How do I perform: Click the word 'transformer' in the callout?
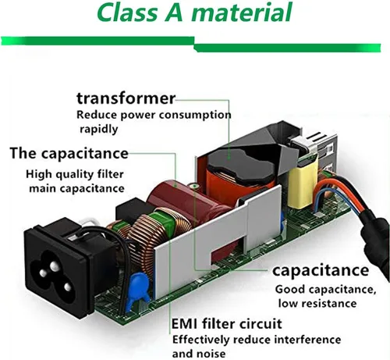tap(126, 98)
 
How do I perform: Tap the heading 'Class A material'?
tap(195, 12)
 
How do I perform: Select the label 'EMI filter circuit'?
tap(227, 324)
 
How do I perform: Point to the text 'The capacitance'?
tap(69, 153)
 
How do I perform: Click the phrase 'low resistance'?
tap(317, 304)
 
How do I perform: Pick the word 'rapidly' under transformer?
tap(99, 129)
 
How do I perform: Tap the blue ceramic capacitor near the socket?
tap(138, 287)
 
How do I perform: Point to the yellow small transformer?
tap(303, 186)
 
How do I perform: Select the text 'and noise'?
tap(199, 354)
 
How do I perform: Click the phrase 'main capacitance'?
tap(76, 188)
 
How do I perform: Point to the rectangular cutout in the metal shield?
tap(228, 251)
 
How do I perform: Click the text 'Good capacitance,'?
tap(325, 290)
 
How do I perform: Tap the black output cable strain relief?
tap(374, 234)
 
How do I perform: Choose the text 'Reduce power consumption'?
tap(154, 115)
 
